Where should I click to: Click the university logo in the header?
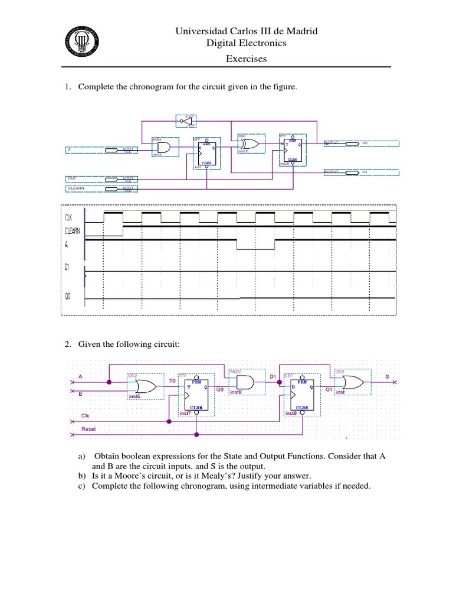pos(81,42)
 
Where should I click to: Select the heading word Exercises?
pos(247,58)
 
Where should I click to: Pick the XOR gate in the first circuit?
pos(250,144)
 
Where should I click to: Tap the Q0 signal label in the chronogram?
pos(68,297)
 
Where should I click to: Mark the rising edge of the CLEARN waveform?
pos(123,226)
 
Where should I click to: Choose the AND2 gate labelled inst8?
pos(243,383)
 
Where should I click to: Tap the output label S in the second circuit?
pos(387,376)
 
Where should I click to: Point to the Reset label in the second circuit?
pos(88,428)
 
